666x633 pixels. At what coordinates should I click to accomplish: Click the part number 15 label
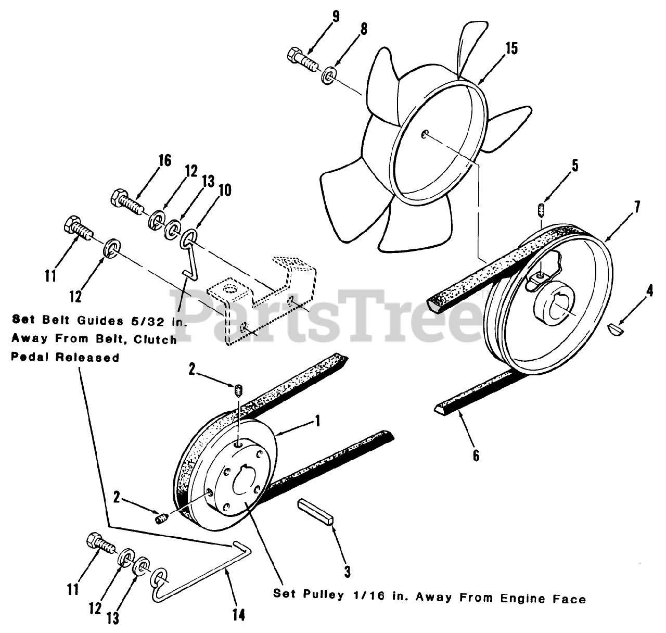point(511,49)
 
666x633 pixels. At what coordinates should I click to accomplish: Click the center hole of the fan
point(425,134)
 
